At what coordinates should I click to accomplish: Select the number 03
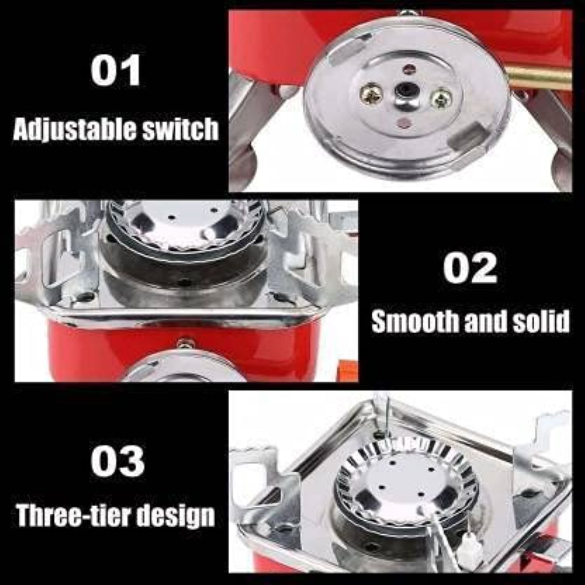tap(117, 461)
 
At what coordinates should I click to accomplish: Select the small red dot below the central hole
tap(402, 123)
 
